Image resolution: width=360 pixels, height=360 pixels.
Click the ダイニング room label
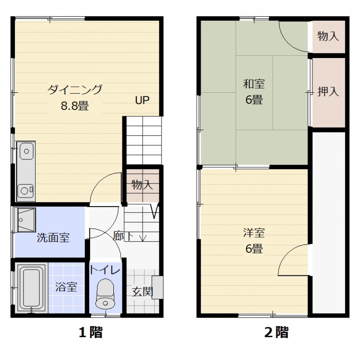tap(75, 89)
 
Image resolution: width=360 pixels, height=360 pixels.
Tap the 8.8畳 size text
tap(75, 106)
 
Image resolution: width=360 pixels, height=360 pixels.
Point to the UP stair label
tap(143, 100)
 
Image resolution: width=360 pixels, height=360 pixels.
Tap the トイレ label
tap(105, 270)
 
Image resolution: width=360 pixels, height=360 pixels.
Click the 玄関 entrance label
tap(141, 292)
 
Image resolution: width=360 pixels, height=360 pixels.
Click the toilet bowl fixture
tap(106, 294)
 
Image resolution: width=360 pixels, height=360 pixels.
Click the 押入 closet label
tap(328, 92)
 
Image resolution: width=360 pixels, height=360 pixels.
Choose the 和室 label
tap(254, 84)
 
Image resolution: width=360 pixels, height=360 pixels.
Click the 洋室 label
tap(254, 233)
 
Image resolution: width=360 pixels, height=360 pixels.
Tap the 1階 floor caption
tap(91, 333)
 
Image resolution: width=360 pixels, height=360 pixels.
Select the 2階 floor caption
tap(276, 333)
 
